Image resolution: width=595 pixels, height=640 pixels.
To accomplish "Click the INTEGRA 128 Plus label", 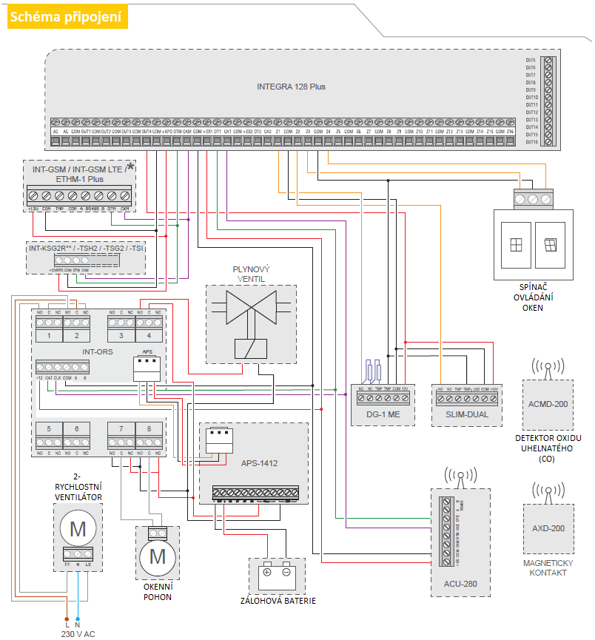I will click(291, 87).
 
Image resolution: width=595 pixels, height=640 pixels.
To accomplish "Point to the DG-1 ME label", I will click(383, 415).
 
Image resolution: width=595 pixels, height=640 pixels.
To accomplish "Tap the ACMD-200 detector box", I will click(548, 404).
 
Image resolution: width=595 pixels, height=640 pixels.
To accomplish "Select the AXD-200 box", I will click(548, 528).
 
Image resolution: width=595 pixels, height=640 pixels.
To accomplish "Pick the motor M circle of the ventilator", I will click(77, 528).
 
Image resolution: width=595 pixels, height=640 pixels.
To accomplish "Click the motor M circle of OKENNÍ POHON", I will click(158, 555).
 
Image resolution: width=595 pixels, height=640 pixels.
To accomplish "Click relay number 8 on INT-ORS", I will click(149, 428).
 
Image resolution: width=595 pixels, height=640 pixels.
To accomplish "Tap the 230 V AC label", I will click(77, 634).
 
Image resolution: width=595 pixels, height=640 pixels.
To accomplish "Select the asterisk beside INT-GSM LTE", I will click(131, 167).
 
